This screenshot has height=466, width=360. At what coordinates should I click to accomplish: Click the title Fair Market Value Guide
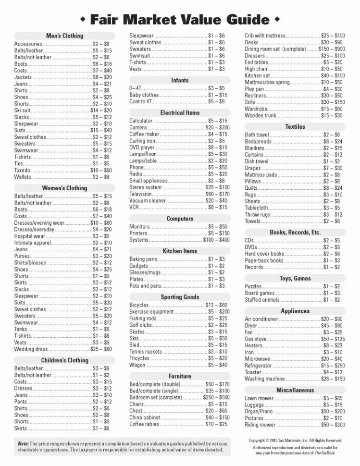(179, 19)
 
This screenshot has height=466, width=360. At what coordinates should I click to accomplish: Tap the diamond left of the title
(83, 19)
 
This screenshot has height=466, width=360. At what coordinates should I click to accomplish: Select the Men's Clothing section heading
(64, 36)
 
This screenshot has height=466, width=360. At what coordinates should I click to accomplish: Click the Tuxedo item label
(22, 170)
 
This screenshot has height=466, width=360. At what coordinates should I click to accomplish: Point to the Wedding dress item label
(31, 349)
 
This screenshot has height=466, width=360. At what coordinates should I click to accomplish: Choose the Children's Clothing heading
(64, 360)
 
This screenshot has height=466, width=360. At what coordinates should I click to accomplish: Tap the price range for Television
(217, 194)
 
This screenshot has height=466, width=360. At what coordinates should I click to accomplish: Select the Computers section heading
(180, 219)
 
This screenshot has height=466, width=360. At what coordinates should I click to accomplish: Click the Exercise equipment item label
(151, 312)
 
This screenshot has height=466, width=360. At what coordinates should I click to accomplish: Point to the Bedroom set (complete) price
(216, 397)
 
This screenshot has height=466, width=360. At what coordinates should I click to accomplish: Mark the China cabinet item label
(145, 417)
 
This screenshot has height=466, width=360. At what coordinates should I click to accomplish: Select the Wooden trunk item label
(261, 115)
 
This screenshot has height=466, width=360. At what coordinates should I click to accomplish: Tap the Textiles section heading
(295, 127)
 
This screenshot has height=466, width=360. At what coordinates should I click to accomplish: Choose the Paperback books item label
(264, 260)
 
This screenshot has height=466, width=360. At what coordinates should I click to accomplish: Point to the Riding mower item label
(260, 425)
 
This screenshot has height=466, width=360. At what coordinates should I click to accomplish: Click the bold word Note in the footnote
(23, 443)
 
